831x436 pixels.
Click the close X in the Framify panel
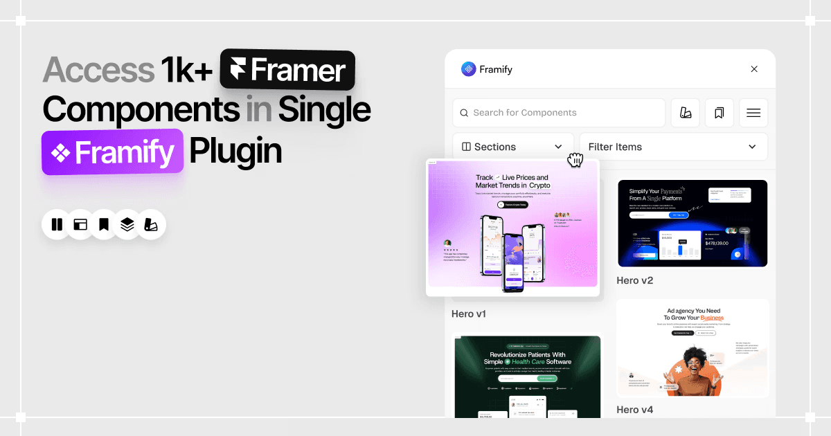click(x=754, y=69)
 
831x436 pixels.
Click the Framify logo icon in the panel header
click(x=469, y=69)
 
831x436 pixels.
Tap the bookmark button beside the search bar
click(x=719, y=113)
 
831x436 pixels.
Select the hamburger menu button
click(x=753, y=113)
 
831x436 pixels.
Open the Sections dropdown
click(x=512, y=147)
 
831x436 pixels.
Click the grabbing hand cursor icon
click(x=575, y=161)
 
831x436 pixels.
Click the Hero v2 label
click(x=635, y=280)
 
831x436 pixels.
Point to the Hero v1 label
click(x=469, y=314)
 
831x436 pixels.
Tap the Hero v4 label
click(x=635, y=410)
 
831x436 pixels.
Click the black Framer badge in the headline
click(x=287, y=71)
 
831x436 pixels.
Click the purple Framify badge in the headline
click(x=113, y=152)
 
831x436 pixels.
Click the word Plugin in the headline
click(x=235, y=152)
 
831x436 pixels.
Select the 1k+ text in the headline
click(x=186, y=70)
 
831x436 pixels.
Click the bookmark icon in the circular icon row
click(x=104, y=224)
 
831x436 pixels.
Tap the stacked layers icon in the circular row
click(x=127, y=224)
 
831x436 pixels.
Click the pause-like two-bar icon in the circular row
click(x=57, y=224)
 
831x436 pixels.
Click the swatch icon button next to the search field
click(x=685, y=113)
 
